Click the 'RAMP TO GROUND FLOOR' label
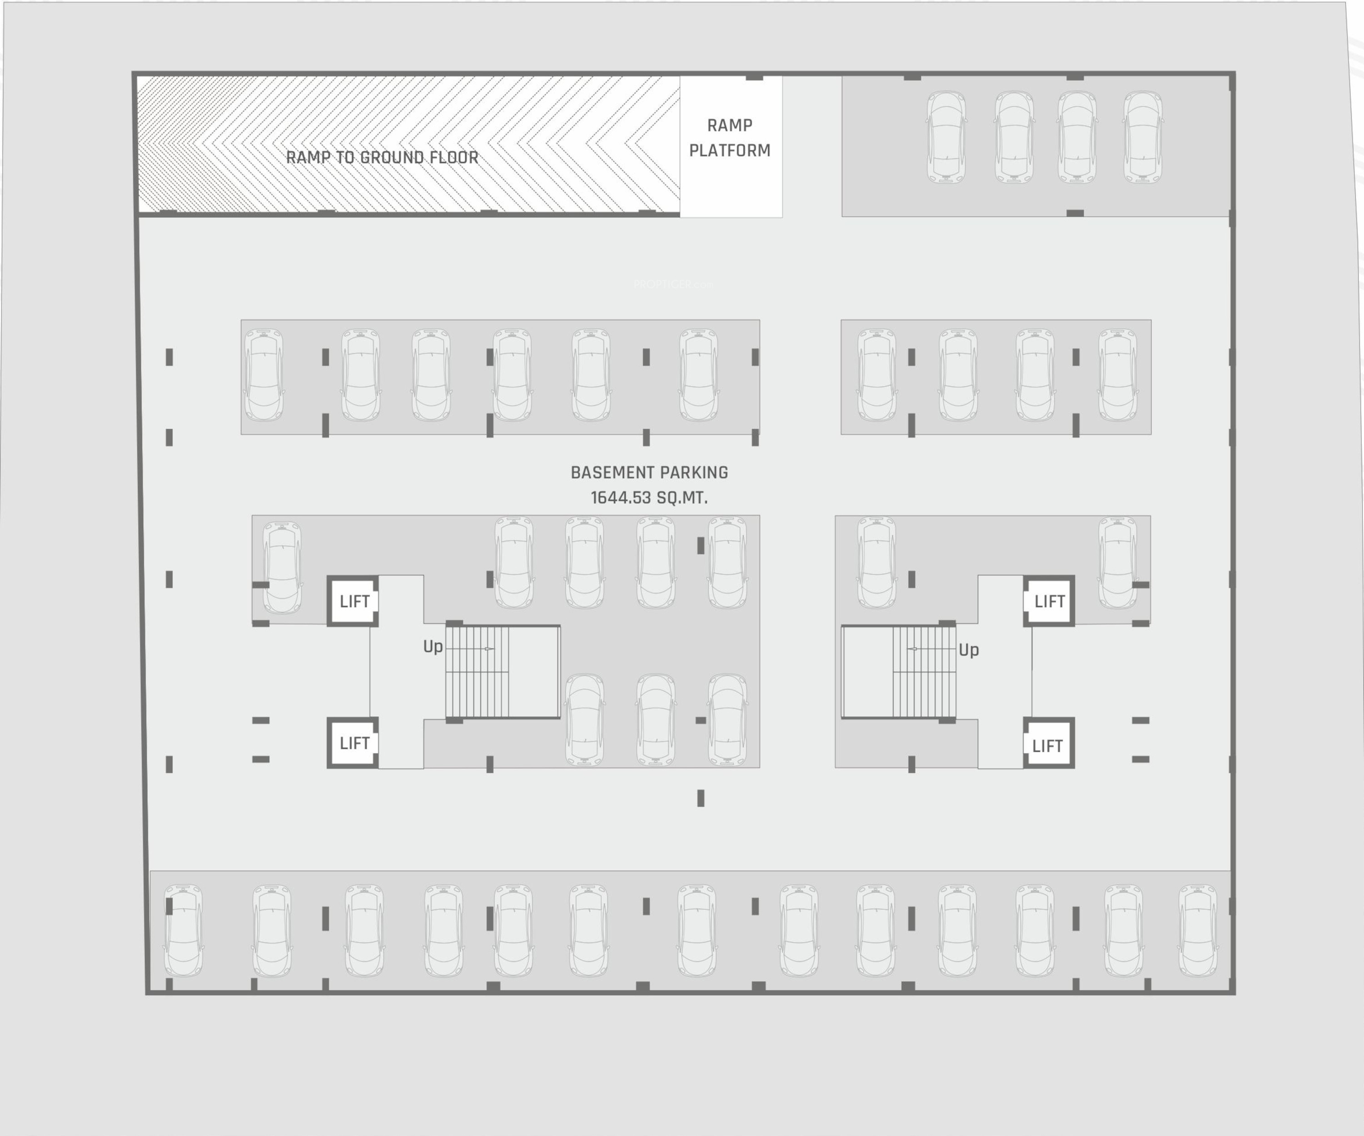[382, 157]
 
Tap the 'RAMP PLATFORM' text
[729, 138]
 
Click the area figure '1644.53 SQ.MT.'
[649, 498]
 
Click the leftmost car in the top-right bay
[946, 137]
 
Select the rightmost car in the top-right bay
[1143, 137]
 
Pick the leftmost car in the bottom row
[183, 930]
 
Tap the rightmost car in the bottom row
[1198, 930]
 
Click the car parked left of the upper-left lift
[282, 568]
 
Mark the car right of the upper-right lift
[1118, 563]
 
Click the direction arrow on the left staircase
[488, 649]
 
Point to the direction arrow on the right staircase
[912, 649]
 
